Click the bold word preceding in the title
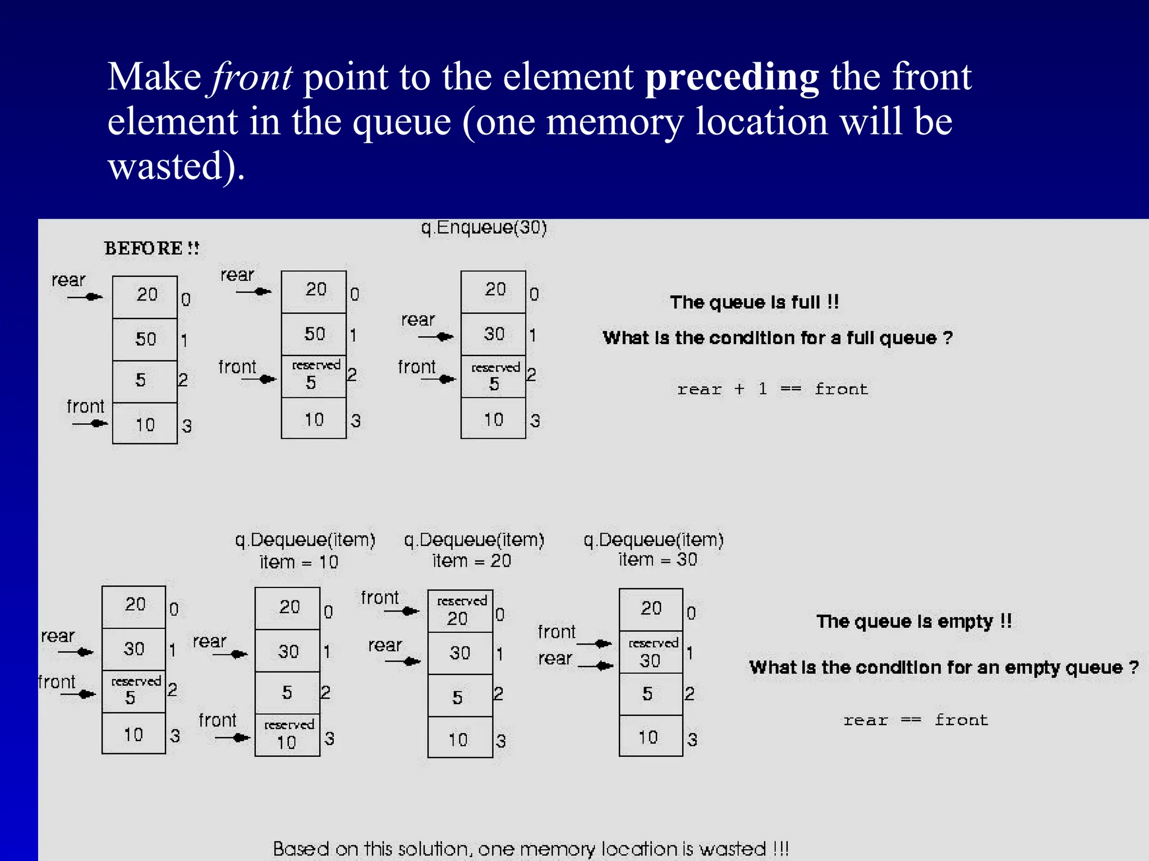[x=732, y=77]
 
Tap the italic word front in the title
[x=251, y=77]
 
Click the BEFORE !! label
[x=151, y=248]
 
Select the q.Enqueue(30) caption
[x=484, y=228]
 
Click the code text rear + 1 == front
[x=773, y=389]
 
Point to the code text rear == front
[x=916, y=720]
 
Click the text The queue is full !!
[x=755, y=302]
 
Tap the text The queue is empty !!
[x=914, y=621]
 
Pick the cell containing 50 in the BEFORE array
[x=145, y=339]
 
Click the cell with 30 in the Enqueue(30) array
[x=494, y=334]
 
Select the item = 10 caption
[x=298, y=562]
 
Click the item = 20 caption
[x=471, y=561]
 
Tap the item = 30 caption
[x=658, y=559]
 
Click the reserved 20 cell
[x=460, y=611]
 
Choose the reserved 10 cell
[x=287, y=735]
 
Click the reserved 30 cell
[x=651, y=652]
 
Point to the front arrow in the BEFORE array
[x=90, y=423]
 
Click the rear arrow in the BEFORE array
[x=85, y=297]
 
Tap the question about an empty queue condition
[x=944, y=667]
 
